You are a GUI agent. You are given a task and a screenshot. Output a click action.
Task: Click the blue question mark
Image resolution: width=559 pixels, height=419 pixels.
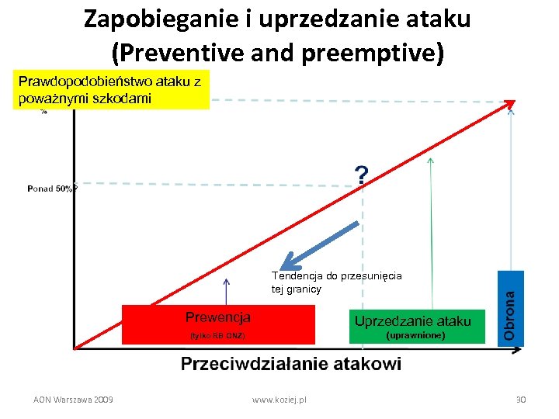[362, 175]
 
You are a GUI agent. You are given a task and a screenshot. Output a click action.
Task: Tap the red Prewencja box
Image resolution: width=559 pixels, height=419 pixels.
[218, 324]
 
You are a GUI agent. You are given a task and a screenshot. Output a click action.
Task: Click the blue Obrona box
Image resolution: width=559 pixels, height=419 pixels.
[510, 308]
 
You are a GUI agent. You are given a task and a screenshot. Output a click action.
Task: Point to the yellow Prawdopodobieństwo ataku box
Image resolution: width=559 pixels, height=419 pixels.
[111, 90]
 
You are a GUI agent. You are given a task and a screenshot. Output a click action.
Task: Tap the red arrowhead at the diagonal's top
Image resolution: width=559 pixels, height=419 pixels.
[509, 106]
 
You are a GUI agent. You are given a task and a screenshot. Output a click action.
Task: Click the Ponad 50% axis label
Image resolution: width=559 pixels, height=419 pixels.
[51, 188]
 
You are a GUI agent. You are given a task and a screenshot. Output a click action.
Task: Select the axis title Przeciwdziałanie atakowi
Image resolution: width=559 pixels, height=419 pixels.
[291, 364]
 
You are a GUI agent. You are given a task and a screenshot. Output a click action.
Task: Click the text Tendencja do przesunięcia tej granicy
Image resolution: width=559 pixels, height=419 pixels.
[336, 282]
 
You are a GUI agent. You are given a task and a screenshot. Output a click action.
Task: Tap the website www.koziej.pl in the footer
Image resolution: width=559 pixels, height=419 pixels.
[279, 399]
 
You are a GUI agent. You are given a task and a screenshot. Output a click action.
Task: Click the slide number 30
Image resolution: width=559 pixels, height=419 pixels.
[521, 399]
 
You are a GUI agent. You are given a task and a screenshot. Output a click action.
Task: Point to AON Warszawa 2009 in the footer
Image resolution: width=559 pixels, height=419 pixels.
[73, 399]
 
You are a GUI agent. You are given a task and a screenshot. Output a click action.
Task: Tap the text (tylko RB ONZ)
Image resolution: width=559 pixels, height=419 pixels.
[217, 336]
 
